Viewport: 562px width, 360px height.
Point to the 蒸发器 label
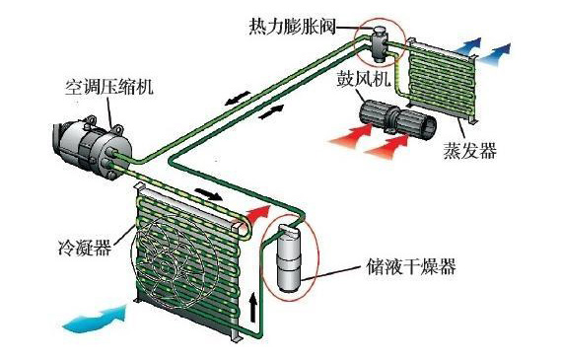click(x=473, y=149)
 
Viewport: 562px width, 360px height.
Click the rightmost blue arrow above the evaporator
click(x=503, y=49)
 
